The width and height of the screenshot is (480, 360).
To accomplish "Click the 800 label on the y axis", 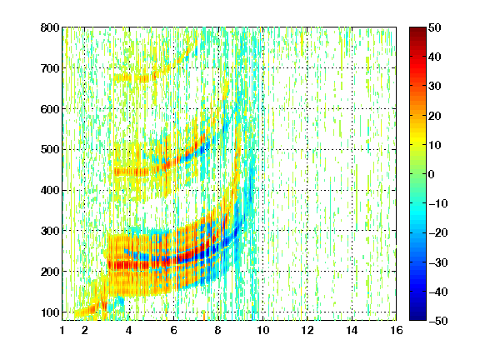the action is point(50,27).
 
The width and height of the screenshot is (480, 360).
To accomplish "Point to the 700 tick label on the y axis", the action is point(50,68).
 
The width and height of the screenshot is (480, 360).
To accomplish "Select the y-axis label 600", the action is point(50,109).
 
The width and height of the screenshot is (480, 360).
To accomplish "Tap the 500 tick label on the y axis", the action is point(50,150).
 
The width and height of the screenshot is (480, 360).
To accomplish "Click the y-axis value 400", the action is point(50,190).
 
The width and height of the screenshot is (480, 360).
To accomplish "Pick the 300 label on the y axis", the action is point(50,231).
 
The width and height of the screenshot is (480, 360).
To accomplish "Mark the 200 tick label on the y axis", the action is point(50,272).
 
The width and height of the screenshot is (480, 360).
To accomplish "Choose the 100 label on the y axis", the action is point(50,312).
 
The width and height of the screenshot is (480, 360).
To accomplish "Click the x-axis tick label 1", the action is point(62,330).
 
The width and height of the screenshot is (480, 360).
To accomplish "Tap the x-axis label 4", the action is point(129,330).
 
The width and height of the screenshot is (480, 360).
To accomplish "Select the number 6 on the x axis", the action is point(173,330).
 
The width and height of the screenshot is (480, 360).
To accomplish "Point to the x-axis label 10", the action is point(262,330).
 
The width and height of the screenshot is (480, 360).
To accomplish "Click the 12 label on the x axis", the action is point(307,330).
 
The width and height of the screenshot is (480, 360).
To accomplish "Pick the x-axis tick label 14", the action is point(352,330).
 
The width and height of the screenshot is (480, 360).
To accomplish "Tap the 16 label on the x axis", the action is point(397,330).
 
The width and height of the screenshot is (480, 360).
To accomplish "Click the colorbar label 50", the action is point(434,27).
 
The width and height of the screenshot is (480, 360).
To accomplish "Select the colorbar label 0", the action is point(432,174).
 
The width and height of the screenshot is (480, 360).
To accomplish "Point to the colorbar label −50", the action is point(438,321).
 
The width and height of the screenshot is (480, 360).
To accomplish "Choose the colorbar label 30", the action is point(434,86).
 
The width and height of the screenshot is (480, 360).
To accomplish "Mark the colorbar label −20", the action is point(438,232).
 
